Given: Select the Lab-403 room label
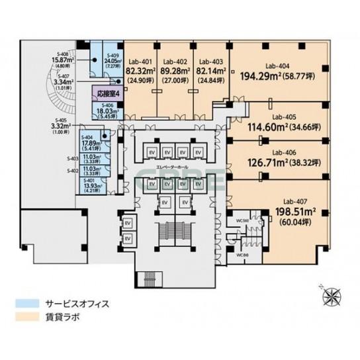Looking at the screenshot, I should pyautogui.click(x=210, y=58).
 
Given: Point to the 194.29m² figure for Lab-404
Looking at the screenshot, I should pyautogui.click(x=259, y=76).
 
